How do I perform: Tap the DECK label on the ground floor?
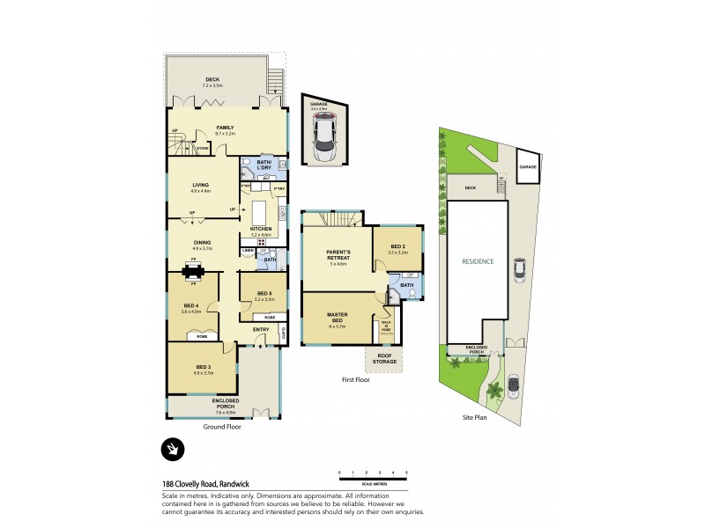coord(211,80)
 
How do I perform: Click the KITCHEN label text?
coord(261,231)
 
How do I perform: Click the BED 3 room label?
coord(204,367)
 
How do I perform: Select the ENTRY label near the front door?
coord(261,330)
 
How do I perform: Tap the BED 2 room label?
coord(397,248)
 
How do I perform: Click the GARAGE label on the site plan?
coord(527,166)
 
